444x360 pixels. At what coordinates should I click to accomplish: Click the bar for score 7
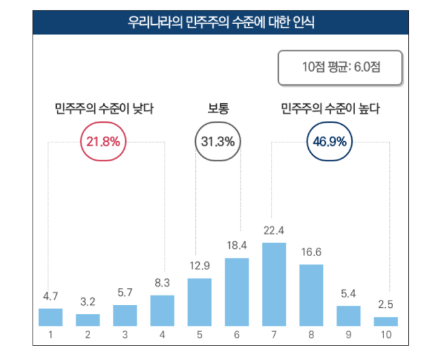pyautogui.click(x=274, y=284)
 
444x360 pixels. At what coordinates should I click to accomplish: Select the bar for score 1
pyautogui.click(x=50, y=317)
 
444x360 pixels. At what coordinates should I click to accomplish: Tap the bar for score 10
pyautogui.click(x=386, y=321)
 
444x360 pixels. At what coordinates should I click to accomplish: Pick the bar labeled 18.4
pyautogui.click(x=237, y=291)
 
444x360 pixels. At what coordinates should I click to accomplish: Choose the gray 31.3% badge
pyautogui.click(x=218, y=141)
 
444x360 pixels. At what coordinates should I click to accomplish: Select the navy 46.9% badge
pyautogui.click(x=330, y=141)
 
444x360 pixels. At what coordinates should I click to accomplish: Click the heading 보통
pyautogui.click(x=218, y=108)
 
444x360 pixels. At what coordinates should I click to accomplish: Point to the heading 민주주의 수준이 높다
pyautogui.click(x=330, y=108)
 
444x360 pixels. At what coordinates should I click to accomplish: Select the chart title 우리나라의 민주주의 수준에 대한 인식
pyautogui.click(x=221, y=24)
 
